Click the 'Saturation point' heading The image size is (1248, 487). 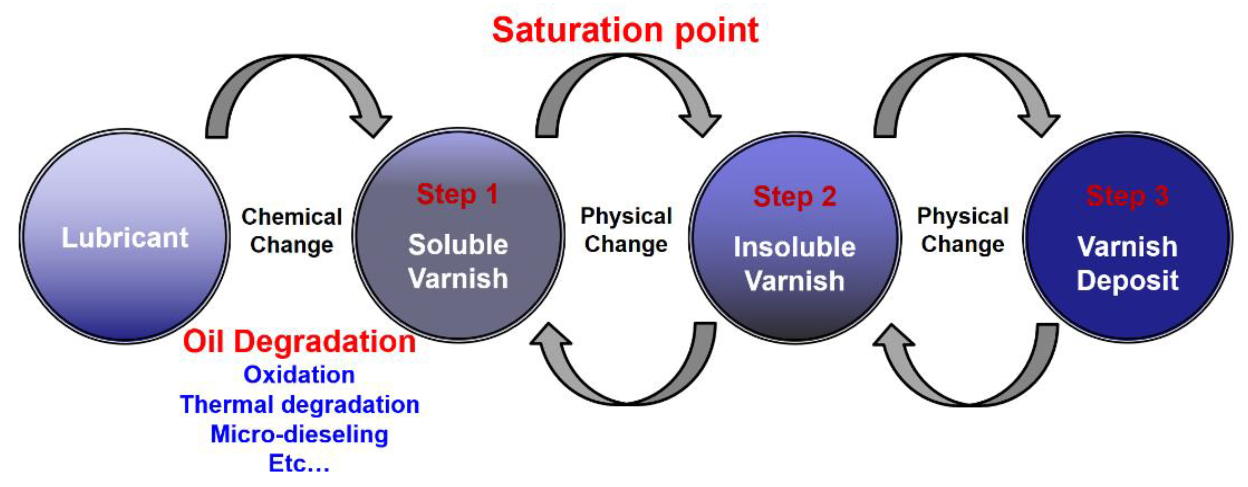tap(625, 30)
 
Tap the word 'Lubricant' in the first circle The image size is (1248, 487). tap(125, 238)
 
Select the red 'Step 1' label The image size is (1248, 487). tap(457, 195)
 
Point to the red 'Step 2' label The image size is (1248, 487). tap(794, 197)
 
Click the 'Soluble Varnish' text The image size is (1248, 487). tap(458, 262)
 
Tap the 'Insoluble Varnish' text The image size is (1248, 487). tap(794, 264)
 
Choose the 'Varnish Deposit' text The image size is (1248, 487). tap(1127, 264)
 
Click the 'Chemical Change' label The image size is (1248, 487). tap(291, 231)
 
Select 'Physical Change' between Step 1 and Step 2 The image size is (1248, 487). tap(626, 230)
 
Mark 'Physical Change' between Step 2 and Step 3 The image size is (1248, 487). tap(963, 230)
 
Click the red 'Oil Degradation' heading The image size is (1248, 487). tap(300, 342)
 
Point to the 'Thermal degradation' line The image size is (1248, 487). tap(300, 405)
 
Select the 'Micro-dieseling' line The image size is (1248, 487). tap(300, 434)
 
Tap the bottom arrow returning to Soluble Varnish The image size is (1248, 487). tap(625, 392)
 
